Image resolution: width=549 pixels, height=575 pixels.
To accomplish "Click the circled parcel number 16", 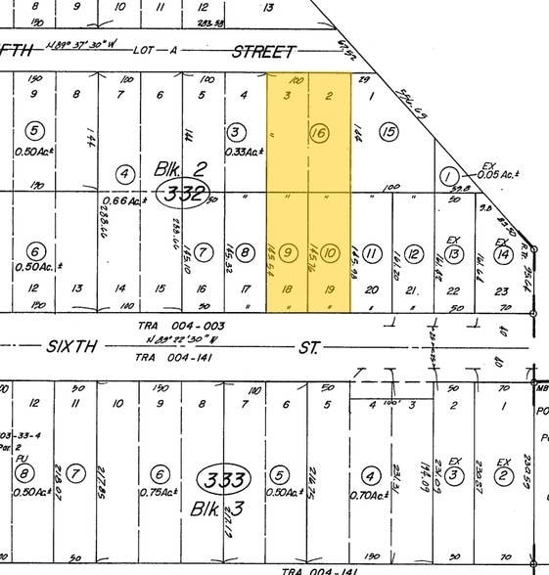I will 318,132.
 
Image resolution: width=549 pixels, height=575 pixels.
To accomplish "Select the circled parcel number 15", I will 389,132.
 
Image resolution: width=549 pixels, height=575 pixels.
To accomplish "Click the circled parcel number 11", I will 372,254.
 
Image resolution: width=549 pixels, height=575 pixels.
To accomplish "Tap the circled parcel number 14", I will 502,254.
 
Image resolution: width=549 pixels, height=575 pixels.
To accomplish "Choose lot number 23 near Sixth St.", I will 502,289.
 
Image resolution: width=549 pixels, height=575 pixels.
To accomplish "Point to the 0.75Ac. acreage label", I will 160,493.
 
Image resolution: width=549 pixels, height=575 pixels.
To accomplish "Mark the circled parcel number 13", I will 452,254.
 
